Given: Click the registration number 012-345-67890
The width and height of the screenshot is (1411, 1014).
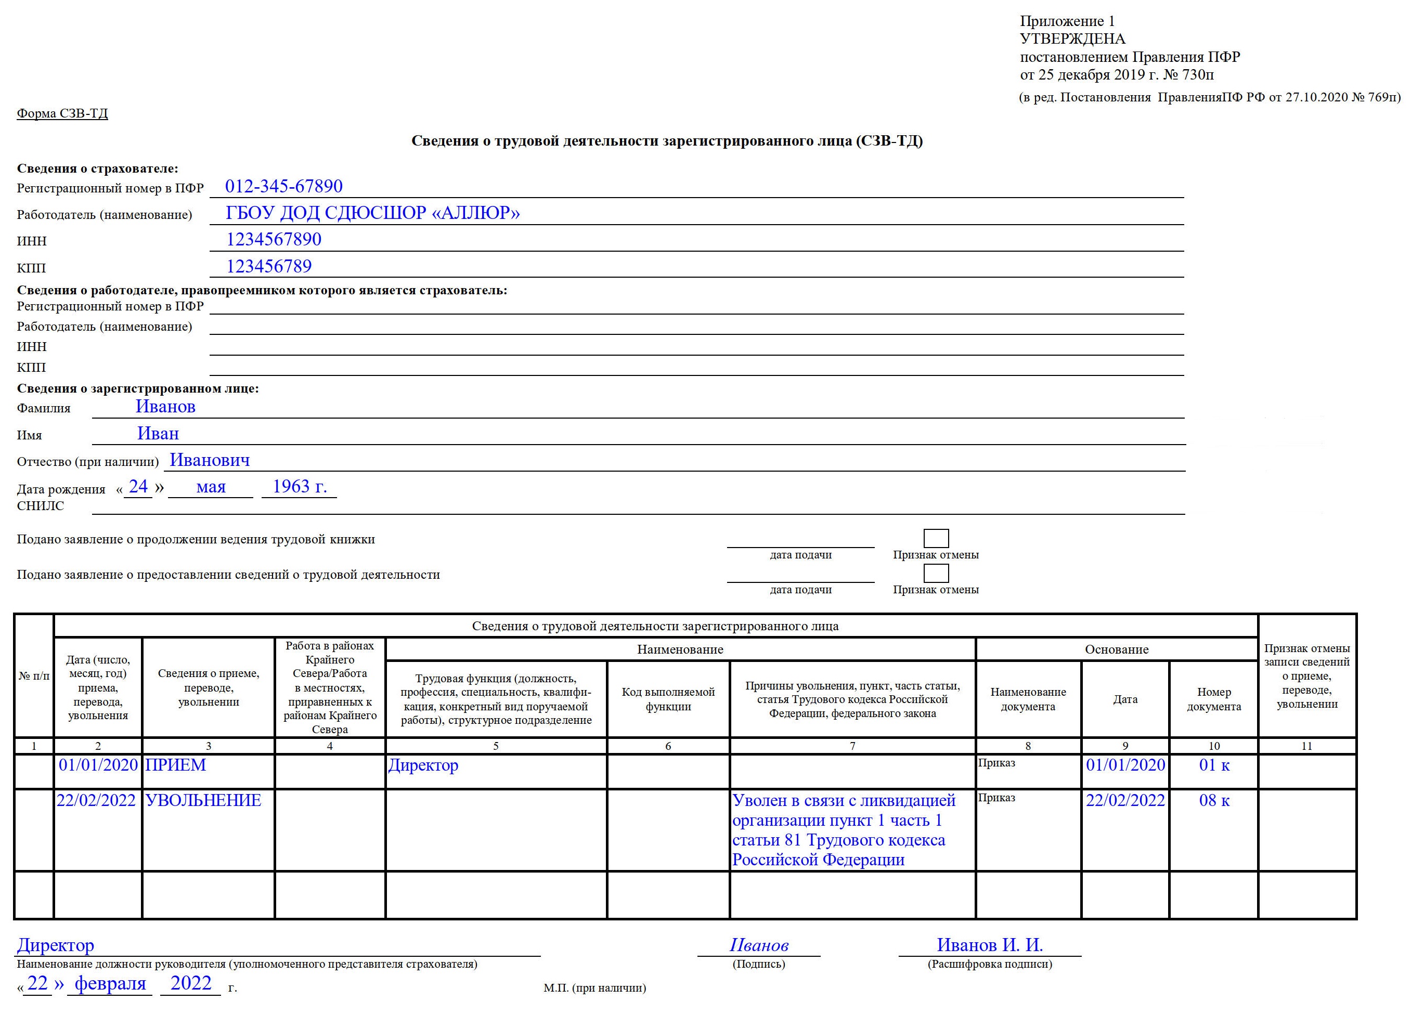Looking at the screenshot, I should pos(283,187).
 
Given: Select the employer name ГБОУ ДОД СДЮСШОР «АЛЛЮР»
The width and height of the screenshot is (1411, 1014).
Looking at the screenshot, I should pos(373,213).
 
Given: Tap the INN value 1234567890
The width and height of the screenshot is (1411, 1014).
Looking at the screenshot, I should pos(274,240).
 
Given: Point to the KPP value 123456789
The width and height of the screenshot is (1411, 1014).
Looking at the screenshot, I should pos(269,266).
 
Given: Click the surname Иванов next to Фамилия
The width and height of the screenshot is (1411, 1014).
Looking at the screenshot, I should pos(165,407).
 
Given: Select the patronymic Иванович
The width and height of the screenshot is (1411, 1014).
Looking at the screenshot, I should pos(210,460).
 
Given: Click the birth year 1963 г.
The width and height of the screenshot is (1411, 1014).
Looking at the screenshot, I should pos(299,487).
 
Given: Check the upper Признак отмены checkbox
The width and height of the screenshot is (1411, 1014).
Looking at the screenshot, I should pos(936,538).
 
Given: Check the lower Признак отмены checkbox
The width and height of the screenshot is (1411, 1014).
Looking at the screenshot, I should pos(936,573).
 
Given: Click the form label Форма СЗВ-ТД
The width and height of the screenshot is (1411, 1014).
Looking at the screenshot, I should pos(62,113).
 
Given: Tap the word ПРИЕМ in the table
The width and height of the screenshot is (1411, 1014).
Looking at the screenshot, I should pos(175,765).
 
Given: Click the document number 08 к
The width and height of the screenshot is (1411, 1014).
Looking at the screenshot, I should pos(1214,801).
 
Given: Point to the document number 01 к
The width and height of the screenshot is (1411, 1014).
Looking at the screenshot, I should pos(1214,765).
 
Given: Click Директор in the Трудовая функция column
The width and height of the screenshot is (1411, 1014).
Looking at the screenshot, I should pos(423,765).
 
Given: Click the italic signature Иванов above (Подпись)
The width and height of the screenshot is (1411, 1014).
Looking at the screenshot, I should pos(759,945).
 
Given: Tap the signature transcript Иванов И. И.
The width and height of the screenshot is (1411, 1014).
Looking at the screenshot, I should pos(990,945).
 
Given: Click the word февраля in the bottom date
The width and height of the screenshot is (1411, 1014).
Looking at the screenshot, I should pos(110,983).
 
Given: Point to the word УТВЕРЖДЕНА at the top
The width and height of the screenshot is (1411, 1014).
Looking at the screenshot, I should pos(1072,39).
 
